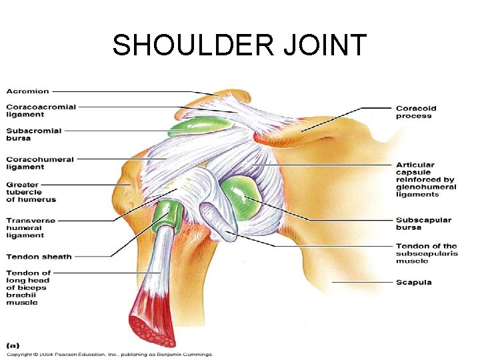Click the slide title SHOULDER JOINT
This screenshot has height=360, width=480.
pos(239,45)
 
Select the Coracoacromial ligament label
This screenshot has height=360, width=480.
pos(41,110)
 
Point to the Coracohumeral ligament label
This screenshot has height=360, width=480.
pos(41,163)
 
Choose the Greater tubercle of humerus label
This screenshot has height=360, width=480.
pos(31,192)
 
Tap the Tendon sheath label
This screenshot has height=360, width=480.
pos(39,257)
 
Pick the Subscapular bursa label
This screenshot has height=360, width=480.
pos(423,223)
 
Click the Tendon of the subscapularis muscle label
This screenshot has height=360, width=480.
pos(427,253)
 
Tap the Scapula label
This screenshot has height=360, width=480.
pos(414,282)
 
